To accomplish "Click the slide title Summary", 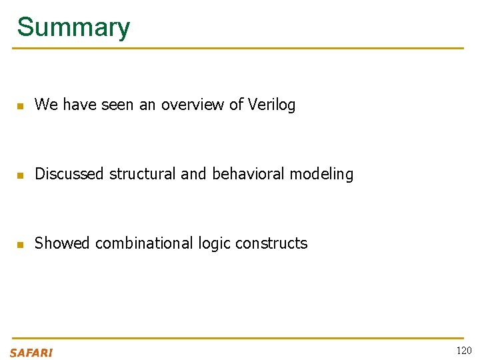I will pyautogui.click(x=73, y=27).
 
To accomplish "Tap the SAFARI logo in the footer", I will pyautogui.click(x=31, y=352).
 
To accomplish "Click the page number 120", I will pyautogui.click(x=463, y=351).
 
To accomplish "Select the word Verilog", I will pyautogui.click(x=271, y=105).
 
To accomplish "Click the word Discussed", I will pyautogui.click(x=70, y=174).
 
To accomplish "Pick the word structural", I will pyautogui.click(x=143, y=174).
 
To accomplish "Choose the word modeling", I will pyautogui.click(x=322, y=174).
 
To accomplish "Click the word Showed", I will pyautogui.click(x=62, y=243).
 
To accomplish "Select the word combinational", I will pyautogui.click(x=145, y=243).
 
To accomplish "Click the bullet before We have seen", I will pyautogui.click(x=20, y=106).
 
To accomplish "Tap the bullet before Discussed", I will pyautogui.click(x=20, y=175).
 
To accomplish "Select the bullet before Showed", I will pyautogui.click(x=20, y=245).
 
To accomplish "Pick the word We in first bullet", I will pyautogui.click(x=46, y=105).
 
